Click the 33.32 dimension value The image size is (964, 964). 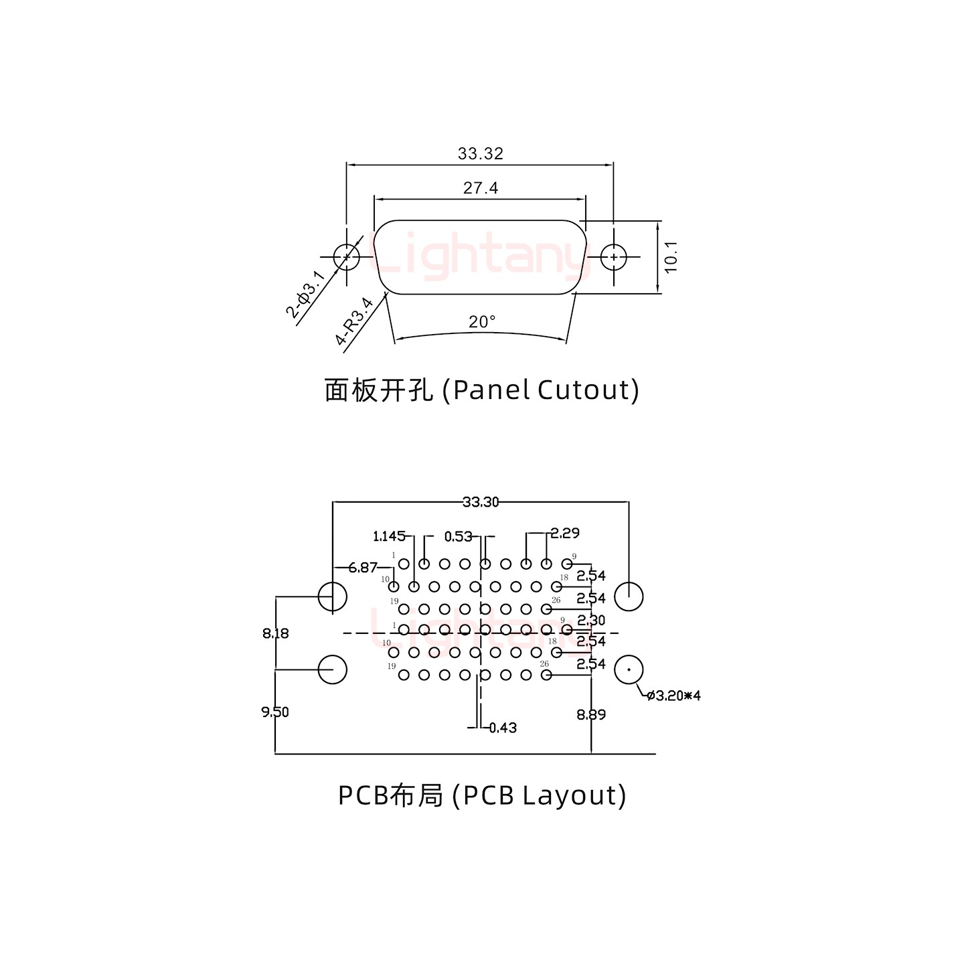click(480, 153)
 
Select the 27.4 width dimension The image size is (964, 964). click(480, 188)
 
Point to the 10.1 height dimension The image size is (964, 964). click(671, 256)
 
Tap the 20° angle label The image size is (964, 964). click(481, 322)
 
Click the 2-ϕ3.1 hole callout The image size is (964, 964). click(307, 295)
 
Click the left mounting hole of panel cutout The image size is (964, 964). click(346, 256)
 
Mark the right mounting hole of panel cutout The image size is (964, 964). click(613, 256)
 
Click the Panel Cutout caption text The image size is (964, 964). click(481, 390)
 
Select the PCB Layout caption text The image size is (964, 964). click(481, 795)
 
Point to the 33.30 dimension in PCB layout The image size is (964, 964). click(480, 501)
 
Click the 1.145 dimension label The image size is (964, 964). click(389, 536)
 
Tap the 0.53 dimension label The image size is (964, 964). click(458, 536)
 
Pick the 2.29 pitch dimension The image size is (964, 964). click(565, 533)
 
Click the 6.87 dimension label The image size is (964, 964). click(363, 567)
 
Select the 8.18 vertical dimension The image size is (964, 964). click(276, 633)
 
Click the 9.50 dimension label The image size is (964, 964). click(275, 712)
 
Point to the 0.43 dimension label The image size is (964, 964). click(503, 728)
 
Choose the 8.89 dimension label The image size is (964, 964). click(591, 714)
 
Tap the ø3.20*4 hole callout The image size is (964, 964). click(674, 696)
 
